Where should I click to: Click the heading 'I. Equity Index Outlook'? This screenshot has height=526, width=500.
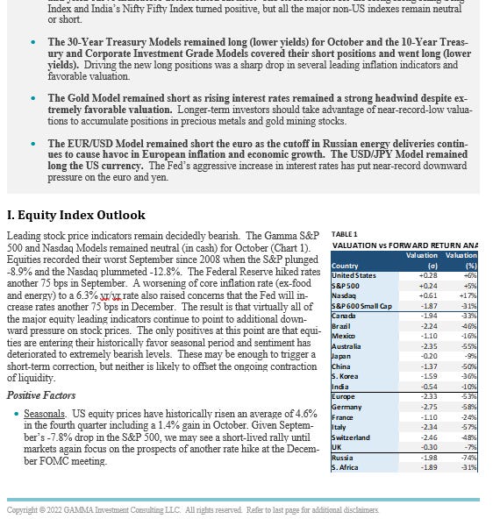pyautogui.click(x=76, y=215)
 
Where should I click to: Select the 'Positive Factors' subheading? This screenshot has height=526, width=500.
pyautogui.click(x=41, y=395)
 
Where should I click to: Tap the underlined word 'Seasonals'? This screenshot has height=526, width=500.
pyautogui.click(x=44, y=413)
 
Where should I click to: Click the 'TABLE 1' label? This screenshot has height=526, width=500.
pyautogui.click(x=345, y=234)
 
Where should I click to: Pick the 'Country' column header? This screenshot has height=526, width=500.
pyautogui.click(x=345, y=266)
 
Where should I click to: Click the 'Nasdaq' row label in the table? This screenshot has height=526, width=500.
pyautogui.click(x=343, y=295)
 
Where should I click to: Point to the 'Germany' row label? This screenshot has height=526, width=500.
pyautogui.click(x=346, y=407)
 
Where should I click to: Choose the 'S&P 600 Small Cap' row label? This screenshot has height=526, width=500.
pyautogui.click(x=362, y=305)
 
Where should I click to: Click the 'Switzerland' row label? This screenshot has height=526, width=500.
pyautogui.click(x=350, y=437)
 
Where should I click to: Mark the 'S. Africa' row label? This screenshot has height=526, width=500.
pyautogui.click(x=346, y=467)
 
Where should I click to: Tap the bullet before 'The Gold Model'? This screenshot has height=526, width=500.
pyautogui.click(x=33, y=99)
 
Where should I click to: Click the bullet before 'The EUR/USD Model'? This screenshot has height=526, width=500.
pyautogui.click(x=33, y=143)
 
